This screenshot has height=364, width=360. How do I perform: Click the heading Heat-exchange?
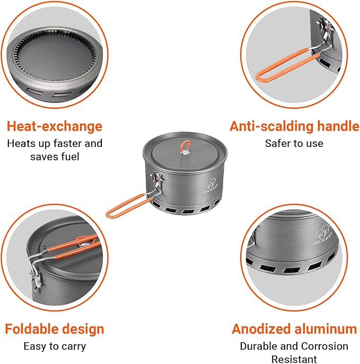coord(54,126)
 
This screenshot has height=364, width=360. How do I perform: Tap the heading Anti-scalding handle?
coord(294,126)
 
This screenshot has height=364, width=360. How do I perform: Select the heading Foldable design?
coord(54,328)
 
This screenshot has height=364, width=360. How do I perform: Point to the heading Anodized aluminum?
coord(294,329)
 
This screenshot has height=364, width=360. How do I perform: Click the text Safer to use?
coord(294,143)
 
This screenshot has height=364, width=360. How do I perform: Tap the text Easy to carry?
coord(54,346)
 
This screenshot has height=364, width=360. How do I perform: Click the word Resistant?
coord(294,359)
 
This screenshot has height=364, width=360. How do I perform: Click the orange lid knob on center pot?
coord(185,145)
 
